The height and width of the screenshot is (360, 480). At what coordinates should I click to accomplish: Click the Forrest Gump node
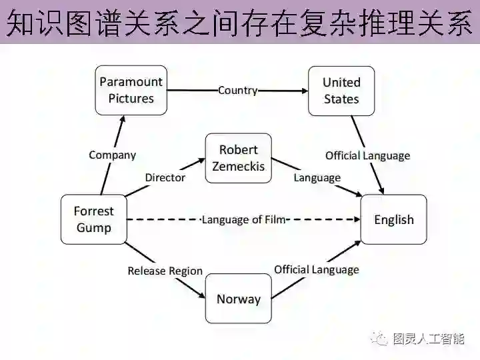pyautogui.click(x=94, y=219)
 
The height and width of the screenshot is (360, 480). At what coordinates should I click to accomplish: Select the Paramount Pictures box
pyautogui.click(x=131, y=90)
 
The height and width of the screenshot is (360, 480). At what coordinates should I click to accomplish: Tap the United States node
pyautogui.click(x=341, y=90)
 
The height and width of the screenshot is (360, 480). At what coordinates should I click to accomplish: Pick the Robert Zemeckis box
pyautogui.click(x=238, y=158)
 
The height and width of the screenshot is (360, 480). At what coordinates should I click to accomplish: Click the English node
pyautogui.click(x=393, y=219)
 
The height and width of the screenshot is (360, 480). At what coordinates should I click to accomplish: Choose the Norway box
pyautogui.click(x=238, y=299)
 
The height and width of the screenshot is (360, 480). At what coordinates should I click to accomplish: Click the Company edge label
pyautogui.click(x=112, y=155)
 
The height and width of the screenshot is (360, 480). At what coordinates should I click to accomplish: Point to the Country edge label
pyautogui.click(x=237, y=90)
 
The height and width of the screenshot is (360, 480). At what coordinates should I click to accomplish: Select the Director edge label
pyautogui.click(x=165, y=177)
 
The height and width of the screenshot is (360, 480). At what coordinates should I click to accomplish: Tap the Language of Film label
pyautogui.click(x=243, y=219)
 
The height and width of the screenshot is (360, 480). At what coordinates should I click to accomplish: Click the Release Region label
pyautogui.click(x=165, y=271)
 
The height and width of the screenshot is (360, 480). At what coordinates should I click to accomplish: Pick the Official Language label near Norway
pyautogui.click(x=316, y=269)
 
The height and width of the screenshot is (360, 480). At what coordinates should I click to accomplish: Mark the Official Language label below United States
pyautogui.click(x=367, y=155)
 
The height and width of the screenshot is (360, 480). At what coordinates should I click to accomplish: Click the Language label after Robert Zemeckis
pyautogui.click(x=317, y=177)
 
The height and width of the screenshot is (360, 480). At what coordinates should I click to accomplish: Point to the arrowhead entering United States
pyautogui.click(x=303, y=90)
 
